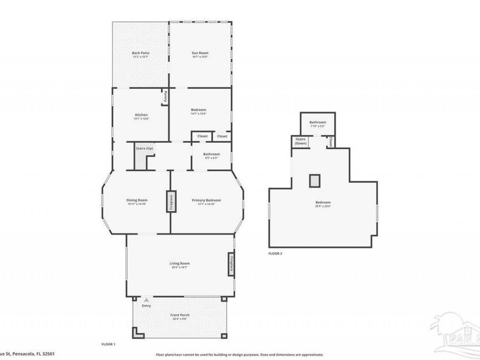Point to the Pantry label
pyautogui.click(x=165, y=97)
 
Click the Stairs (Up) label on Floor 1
pyautogui.click(x=145, y=148)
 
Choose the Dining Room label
pyautogui.click(x=137, y=202)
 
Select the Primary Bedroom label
pyautogui.click(x=206, y=202)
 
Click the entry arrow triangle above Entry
pyautogui.click(x=146, y=300)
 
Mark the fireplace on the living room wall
pyautogui.click(x=231, y=265)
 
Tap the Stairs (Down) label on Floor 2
pyautogui.click(x=300, y=142)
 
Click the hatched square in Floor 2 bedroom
pyautogui.click(x=315, y=181)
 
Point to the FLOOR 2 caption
pyautogui.click(x=275, y=254)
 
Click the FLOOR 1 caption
pyautogui.click(x=108, y=345)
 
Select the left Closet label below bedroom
pyautogui.click(x=202, y=137)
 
